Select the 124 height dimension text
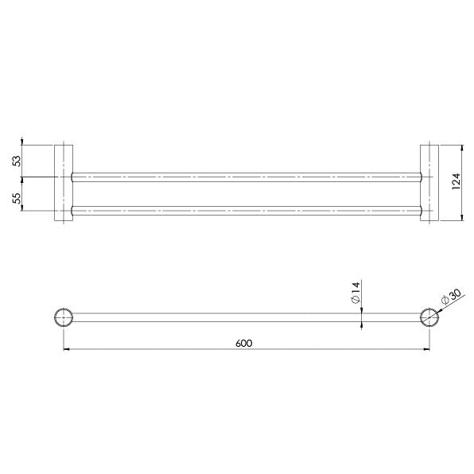click(x=455, y=183)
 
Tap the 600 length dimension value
click(x=244, y=343)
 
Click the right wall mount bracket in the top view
click(x=428, y=183)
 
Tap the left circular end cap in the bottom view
click(x=62, y=317)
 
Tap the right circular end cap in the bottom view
click(x=429, y=317)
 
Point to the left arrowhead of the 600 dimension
click(x=65, y=349)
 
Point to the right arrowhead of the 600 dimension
click(x=426, y=349)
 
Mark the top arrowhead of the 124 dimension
click(x=463, y=147)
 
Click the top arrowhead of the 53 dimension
click(x=22, y=147)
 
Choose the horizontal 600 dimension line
click(x=159, y=349)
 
